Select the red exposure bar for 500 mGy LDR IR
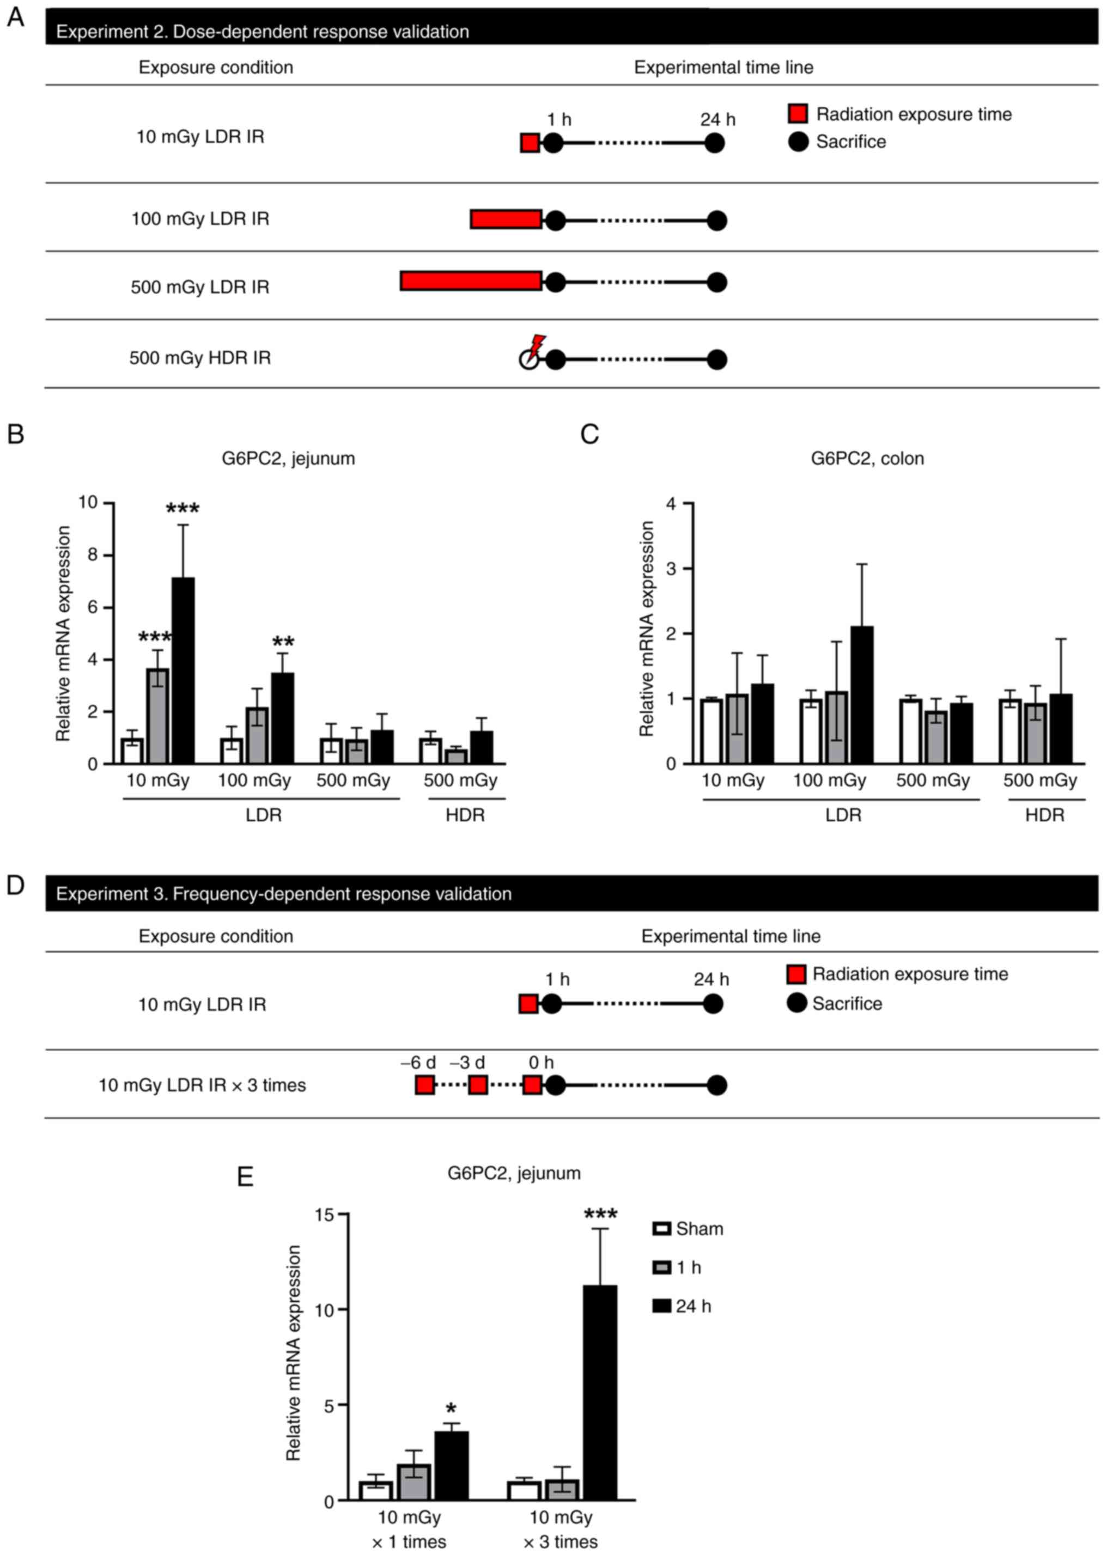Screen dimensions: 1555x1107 coord(471,280)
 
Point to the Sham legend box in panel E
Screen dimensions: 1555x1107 coord(661,1229)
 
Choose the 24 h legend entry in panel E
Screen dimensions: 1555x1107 coord(682,1306)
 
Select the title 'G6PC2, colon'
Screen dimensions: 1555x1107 coord(867,458)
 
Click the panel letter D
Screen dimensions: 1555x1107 coord(15,885)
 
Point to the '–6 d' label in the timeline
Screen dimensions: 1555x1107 coord(418,1062)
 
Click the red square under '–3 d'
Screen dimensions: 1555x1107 coord(478,1086)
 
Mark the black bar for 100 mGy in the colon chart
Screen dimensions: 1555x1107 coord(862,694)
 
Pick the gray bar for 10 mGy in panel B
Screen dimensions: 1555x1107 coord(157,716)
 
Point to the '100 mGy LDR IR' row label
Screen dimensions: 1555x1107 coord(200,219)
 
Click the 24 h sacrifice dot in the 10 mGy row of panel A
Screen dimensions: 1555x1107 coord(714,143)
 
